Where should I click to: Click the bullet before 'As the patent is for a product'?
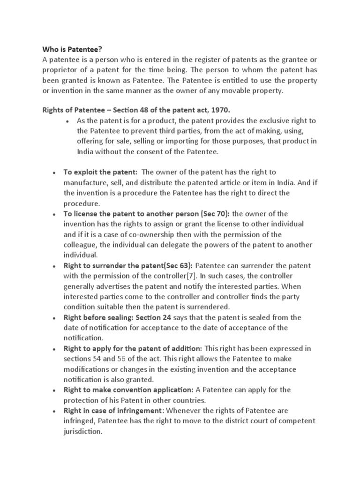68,120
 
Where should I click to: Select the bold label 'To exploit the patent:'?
100,172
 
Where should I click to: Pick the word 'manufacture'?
83,183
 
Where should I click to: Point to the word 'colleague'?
81,245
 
